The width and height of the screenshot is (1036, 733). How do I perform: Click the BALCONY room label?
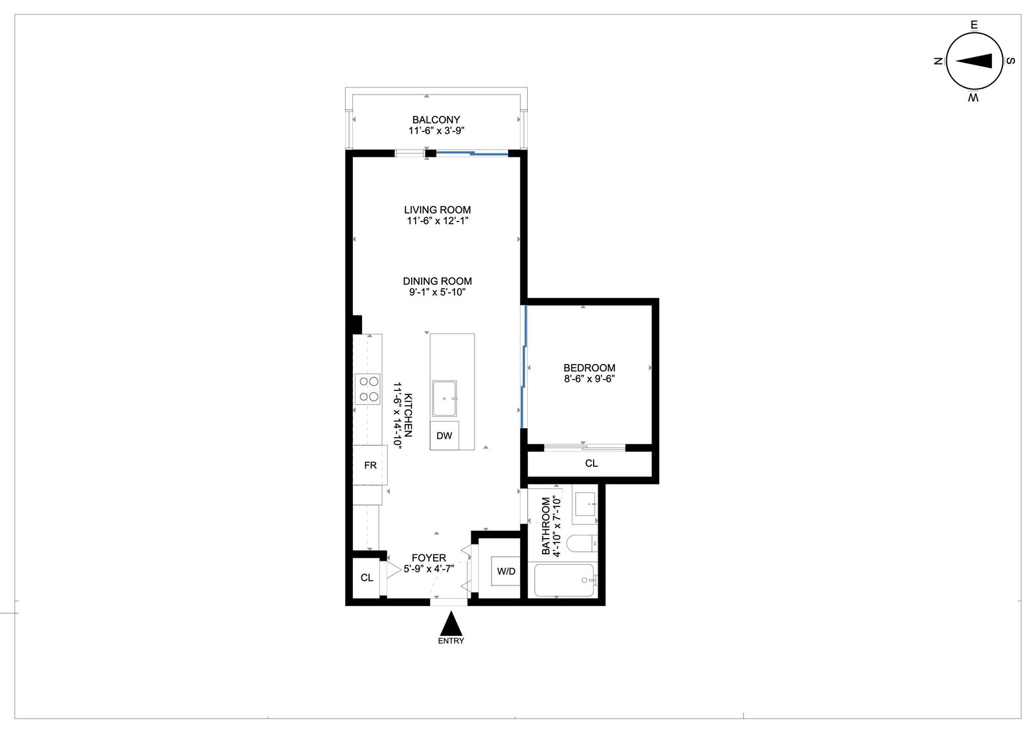(436, 120)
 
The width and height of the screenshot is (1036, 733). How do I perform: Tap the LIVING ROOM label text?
(437, 210)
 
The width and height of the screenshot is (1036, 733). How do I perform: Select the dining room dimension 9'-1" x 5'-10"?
(436, 292)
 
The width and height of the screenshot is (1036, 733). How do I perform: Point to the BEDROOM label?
(589, 368)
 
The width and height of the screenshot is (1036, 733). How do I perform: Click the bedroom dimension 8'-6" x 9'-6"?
(589, 379)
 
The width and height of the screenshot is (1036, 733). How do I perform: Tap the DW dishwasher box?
(444, 435)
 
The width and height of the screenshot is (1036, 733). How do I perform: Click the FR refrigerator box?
(370, 465)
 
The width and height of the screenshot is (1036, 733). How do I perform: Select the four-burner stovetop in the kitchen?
(368, 389)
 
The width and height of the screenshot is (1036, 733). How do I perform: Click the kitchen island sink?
(444, 398)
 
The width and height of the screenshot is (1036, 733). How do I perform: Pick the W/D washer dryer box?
(506, 571)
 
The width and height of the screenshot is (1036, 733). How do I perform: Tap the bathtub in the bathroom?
(564, 580)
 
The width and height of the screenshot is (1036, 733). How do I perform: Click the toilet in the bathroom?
(582, 544)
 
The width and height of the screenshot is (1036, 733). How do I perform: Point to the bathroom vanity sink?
(585, 504)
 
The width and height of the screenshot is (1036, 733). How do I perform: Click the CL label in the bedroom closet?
(591, 463)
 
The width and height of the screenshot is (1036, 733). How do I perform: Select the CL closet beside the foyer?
(366, 578)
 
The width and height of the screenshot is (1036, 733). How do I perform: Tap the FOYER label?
(429, 558)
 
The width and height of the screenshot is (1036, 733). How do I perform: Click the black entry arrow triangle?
(451, 624)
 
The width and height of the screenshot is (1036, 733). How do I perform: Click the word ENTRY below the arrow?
(451, 641)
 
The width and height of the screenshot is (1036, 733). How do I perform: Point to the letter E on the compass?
(974, 25)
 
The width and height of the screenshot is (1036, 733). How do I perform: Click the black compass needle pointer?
(974, 61)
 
